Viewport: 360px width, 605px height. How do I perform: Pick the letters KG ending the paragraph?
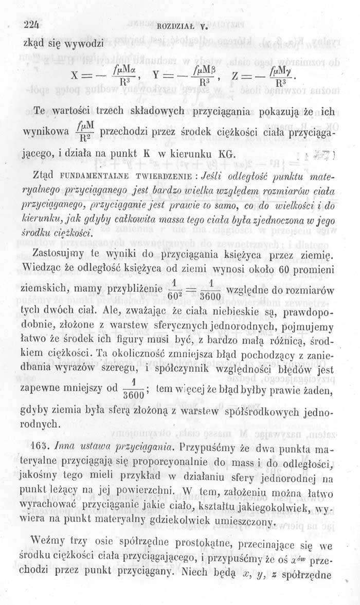tap(227, 154)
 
